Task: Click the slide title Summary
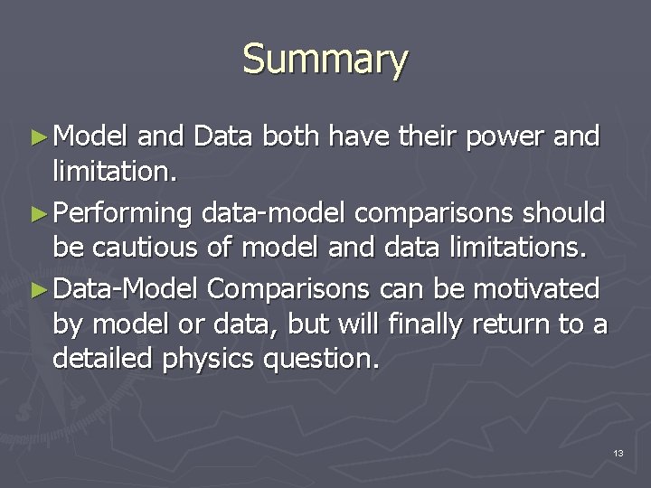click(x=325, y=61)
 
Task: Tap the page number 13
click(x=618, y=452)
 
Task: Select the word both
click(x=292, y=136)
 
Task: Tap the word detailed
click(x=104, y=359)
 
